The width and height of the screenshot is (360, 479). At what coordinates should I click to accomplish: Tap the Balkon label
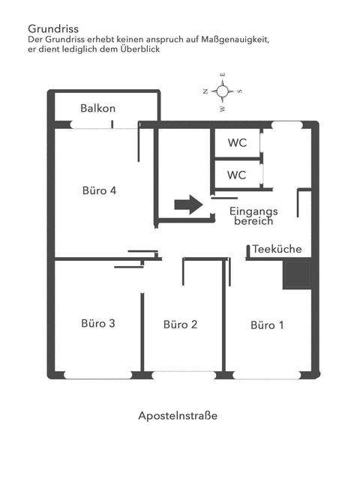pyautogui.click(x=98, y=108)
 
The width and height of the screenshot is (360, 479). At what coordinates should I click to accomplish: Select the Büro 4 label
pyautogui.click(x=99, y=190)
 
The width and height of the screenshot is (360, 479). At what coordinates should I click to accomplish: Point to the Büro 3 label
pyautogui.click(x=98, y=324)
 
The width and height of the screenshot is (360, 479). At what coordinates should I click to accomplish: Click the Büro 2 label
pyautogui.click(x=181, y=325)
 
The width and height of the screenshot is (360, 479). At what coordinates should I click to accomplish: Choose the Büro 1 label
pyautogui.click(x=268, y=325)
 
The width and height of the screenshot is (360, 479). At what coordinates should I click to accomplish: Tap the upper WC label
pyautogui.click(x=237, y=142)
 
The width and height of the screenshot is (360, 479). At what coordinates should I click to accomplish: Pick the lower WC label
pyautogui.click(x=237, y=176)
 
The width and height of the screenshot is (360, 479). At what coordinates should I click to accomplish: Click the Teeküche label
pyautogui.click(x=277, y=249)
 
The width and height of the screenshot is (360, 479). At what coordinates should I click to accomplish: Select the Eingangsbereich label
pyautogui.click(x=253, y=217)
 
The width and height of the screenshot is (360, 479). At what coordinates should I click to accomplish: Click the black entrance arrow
pyautogui.click(x=187, y=205)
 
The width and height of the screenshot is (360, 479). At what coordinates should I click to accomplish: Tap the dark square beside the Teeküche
pyautogui.click(x=296, y=274)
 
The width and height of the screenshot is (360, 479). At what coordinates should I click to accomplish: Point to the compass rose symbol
pyautogui.click(x=222, y=91)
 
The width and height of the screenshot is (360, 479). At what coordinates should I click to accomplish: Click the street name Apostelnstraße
pyautogui.click(x=178, y=415)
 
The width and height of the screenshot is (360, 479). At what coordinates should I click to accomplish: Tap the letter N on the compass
pyautogui.click(x=205, y=91)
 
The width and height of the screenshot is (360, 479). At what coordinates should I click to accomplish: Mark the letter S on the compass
pyautogui.click(x=239, y=91)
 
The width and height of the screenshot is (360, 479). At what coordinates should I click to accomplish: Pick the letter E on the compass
pyautogui.click(x=222, y=76)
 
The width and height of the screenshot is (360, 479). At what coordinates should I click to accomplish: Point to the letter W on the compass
pyautogui.click(x=222, y=108)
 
